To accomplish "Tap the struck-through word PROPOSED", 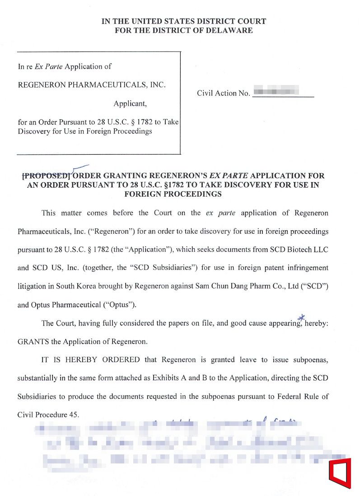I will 46,175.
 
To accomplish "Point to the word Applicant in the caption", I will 130,104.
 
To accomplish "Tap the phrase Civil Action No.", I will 223,94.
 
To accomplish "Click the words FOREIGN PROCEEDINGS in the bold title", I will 173,194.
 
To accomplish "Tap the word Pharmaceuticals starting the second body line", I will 41,231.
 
